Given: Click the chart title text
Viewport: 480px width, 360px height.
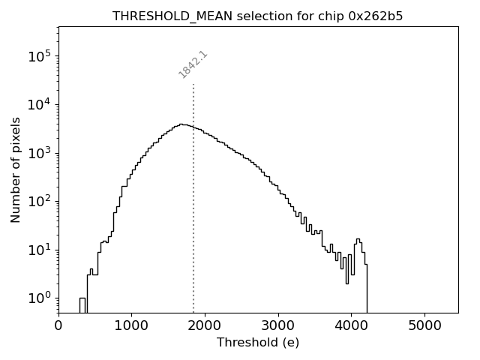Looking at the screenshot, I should tap(258, 16).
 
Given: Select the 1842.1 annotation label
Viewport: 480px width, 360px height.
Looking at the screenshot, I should tap(193, 64).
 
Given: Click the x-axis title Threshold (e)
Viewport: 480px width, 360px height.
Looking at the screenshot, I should tap(258, 343).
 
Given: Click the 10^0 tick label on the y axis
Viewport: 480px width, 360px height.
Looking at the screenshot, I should tap(39, 298).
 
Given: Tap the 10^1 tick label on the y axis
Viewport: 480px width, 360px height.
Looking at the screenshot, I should tap(39, 249).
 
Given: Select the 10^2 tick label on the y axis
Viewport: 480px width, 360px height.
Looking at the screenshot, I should tap(39, 201).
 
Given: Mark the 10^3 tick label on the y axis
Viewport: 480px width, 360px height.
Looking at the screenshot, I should tap(39, 152).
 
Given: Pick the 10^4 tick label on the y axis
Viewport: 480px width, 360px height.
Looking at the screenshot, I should tap(39, 104).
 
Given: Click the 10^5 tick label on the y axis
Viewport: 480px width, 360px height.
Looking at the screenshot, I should tap(39, 56).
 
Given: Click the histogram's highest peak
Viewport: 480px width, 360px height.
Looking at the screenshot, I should tap(181, 124).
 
